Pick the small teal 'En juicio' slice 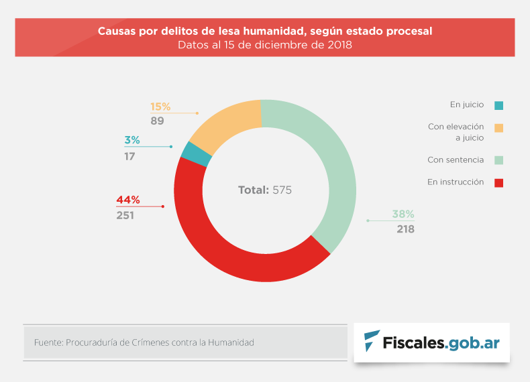point(196,154)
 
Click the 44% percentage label point(127,200)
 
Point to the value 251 point(125,215)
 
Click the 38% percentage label point(403,214)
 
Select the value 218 point(405,229)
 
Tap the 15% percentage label point(160,107)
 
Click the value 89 point(157,121)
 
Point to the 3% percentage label point(131,140)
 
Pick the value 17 point(129,156)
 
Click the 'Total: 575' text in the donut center point(265,190)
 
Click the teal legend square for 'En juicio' point(498,105)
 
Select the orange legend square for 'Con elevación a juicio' point(498,127)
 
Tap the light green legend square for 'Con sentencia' point(498,160)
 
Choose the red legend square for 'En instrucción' point(498,182)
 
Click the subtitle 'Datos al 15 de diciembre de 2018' point(265,45)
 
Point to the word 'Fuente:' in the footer point(48,342)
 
